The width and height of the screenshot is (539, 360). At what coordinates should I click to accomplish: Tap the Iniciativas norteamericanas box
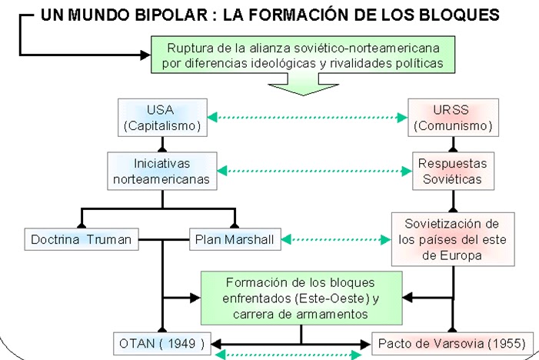(x=161, y=170)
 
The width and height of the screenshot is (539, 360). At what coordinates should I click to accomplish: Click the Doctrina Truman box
(x=82, y=239)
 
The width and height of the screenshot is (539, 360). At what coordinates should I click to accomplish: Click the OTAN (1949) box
(x=161, y=343)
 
